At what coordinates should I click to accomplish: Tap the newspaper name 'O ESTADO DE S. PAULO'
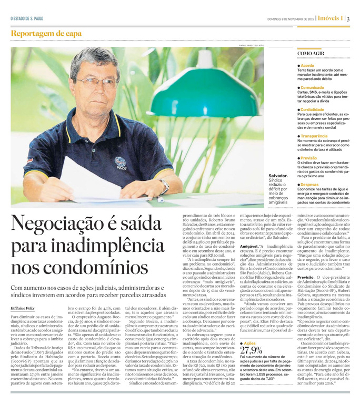pos(27,19)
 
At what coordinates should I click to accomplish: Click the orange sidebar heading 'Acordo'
pos(307,65)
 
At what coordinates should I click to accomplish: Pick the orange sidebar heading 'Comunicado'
pos(313,87)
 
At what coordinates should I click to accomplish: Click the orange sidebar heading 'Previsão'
pos(309,157)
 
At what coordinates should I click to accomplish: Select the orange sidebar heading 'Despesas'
pos(310,185)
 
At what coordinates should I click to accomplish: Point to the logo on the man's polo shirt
pos(121,163)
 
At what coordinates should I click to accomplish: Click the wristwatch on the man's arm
pos(165,186)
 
